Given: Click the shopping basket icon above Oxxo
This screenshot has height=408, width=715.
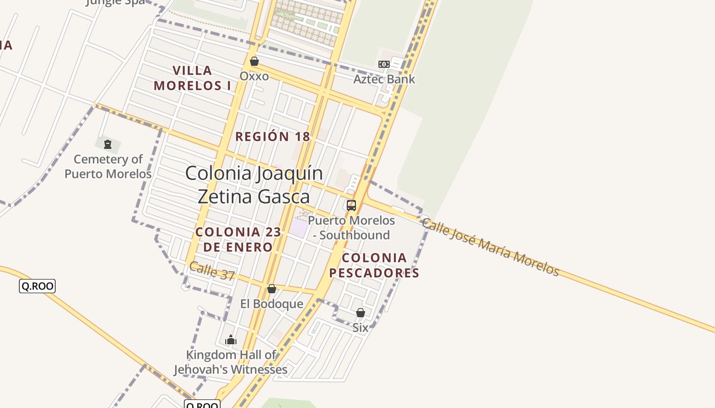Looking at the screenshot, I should [254, 62].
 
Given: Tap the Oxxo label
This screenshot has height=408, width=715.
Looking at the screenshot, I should [254, 76].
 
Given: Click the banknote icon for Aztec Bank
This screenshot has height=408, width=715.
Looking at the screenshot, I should [384, 64].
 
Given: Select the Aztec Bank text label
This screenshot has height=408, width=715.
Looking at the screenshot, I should [384, 79].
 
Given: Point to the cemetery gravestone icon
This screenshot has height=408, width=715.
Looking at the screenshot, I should [107, 144].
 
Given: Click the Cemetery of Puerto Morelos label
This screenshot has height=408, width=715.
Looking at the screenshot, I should [108, 167].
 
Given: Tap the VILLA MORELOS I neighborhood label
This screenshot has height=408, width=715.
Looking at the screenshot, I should [192, 78].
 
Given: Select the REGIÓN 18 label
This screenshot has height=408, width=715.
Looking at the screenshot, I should [272, 137].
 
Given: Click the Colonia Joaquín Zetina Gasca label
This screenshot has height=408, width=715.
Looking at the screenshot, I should [254, 185].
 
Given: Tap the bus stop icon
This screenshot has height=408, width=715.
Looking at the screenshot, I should [351, 206].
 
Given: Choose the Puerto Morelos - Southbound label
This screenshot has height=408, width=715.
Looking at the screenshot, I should [351, 228].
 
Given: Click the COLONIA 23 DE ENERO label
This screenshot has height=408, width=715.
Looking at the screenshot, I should [238, 240].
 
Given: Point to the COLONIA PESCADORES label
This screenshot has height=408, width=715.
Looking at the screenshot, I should [374, 265].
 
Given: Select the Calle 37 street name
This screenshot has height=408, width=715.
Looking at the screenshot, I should [212, 271].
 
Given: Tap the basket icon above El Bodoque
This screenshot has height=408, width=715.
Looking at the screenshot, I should [272, 289].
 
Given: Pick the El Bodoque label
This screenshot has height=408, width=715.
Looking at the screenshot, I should [272, 304].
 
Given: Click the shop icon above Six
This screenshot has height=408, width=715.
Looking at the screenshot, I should [361, 313].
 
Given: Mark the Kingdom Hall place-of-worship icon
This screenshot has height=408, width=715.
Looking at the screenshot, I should [231, 340].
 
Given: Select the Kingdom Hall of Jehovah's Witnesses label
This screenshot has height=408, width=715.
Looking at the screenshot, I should [231, 362].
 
